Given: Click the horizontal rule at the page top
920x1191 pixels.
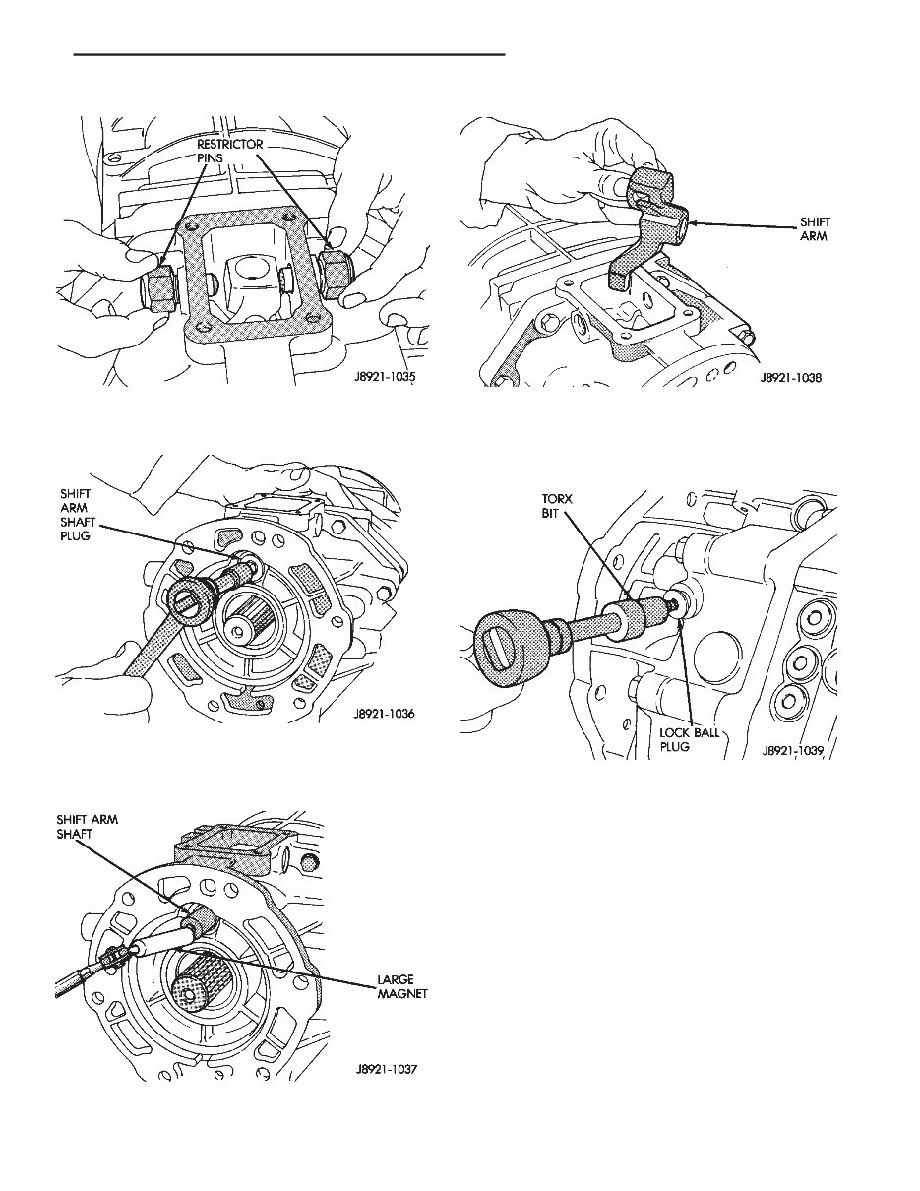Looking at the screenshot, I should click(x=289, y=54).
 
